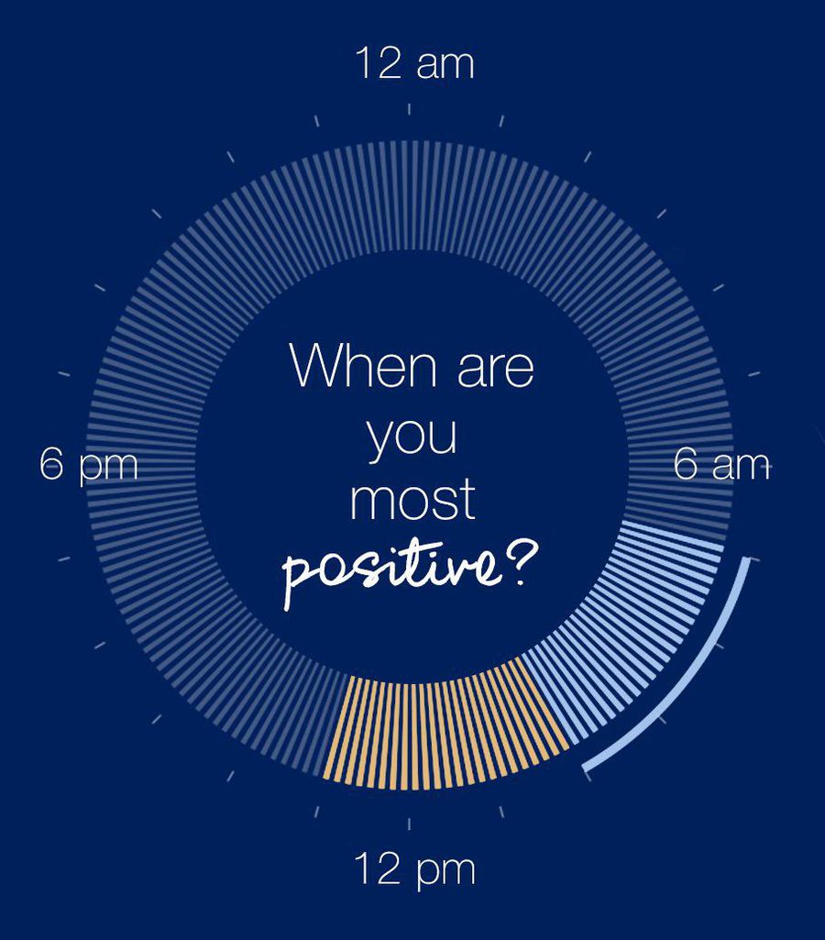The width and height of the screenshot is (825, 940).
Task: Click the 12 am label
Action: click(414, 63)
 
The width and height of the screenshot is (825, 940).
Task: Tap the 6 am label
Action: click(721, 464)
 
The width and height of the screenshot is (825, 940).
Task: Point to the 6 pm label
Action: click(89, 465)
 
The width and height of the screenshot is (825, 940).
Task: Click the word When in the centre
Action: click(363, 365)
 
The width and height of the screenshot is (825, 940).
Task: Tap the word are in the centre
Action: click(496, 370)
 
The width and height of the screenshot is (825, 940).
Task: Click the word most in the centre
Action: click(412, 501)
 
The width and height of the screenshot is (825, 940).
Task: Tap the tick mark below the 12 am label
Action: click(409, 109)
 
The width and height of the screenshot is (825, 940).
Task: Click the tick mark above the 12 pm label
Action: click(409, 824)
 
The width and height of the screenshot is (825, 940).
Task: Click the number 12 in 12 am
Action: click(379, 63)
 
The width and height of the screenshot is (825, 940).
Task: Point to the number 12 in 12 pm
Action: click(378, 868)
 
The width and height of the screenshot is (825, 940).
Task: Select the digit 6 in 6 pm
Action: click(51, 464)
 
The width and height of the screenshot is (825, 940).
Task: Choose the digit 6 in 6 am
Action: click(686, 464)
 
